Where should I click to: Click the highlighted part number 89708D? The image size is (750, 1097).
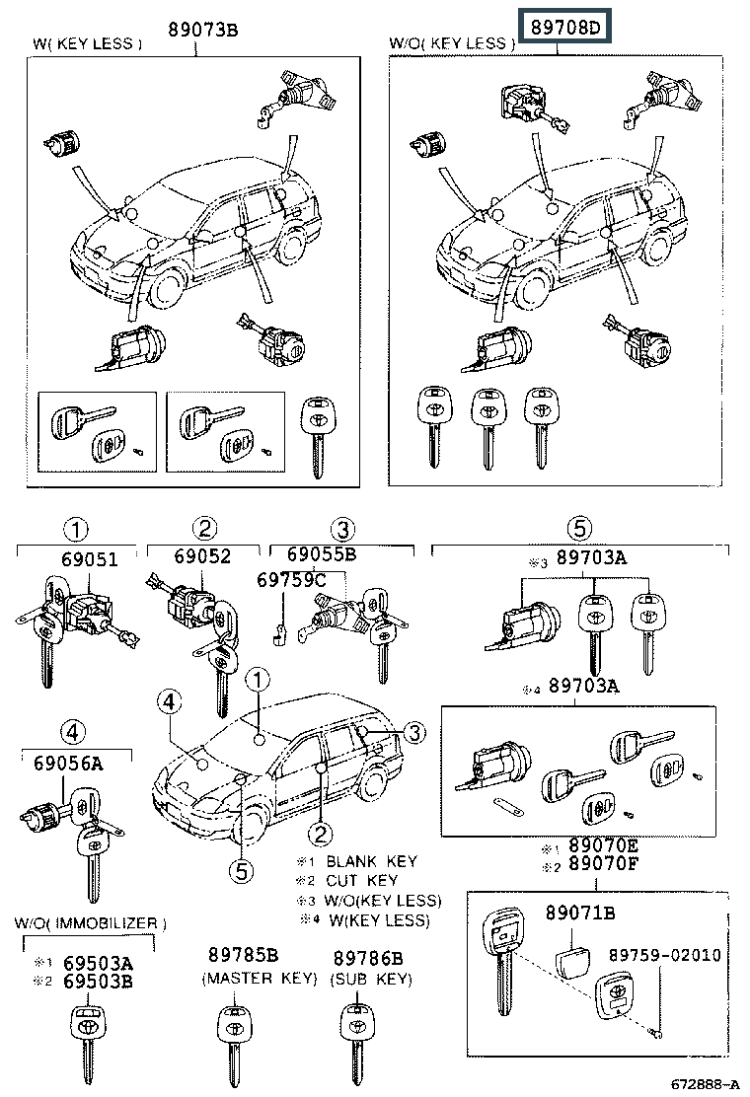564,27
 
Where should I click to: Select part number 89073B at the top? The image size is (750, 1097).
203,29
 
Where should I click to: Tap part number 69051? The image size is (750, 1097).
90,559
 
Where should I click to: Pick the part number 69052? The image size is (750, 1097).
202,556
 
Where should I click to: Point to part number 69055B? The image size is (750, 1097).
322,554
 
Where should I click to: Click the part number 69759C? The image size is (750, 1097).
291,579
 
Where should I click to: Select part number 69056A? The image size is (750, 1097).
68,764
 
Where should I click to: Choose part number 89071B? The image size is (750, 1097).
580,913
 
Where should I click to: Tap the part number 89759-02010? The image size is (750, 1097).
664,955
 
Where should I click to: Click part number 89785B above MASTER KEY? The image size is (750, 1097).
244,955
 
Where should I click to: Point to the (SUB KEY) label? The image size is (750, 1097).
371,979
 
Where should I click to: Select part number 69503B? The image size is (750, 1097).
98,982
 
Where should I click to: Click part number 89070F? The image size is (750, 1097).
603,864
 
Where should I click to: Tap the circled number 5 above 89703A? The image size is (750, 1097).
579,528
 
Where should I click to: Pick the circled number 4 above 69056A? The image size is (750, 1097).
73,733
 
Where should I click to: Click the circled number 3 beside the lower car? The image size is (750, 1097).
414,733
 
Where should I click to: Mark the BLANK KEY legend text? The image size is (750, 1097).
371,861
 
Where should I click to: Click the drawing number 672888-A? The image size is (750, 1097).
705,1084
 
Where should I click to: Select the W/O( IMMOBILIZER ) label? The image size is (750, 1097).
90,923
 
